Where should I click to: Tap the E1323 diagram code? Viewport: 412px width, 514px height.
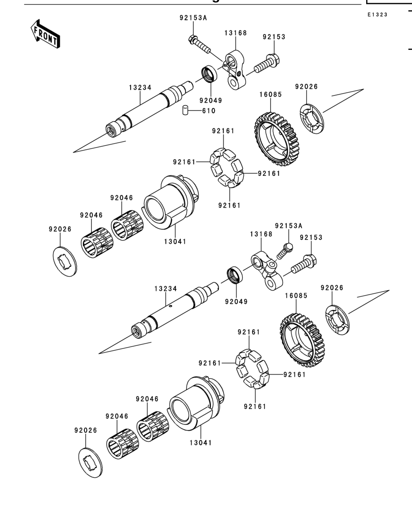pyautogui.click(x=377, y=15)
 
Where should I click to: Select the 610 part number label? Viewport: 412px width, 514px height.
pyautogui.click(x=209, y=111)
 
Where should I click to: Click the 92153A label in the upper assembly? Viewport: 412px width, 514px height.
pyautogui.click(x=193, y=17)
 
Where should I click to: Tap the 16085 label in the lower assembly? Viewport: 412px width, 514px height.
pyautogui.click(x=296, y=296)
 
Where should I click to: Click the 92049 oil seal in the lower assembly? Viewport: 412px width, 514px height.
pyautogui.click(x=235, y=274)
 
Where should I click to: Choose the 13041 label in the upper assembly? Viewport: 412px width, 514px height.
pyautogui.click(x=175, y=242)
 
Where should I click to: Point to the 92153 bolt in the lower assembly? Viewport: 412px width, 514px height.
pyautogui.click(x=304, y=264)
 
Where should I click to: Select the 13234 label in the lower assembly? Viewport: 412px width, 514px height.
pyautogui.click(x=166, y=289)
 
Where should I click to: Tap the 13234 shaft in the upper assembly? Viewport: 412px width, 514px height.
pyautogui.click(x=150, y=109)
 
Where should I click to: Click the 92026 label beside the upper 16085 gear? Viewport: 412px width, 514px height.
pyautogui.click(x=307, y=87)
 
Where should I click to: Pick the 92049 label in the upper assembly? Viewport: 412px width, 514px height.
pyautogui.click(x=211, y=100)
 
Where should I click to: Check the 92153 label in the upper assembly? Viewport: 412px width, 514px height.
pyautogui.click(x=274, y=37)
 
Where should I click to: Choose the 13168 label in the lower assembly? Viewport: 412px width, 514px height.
pyautogui.click(x=261, y=234)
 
